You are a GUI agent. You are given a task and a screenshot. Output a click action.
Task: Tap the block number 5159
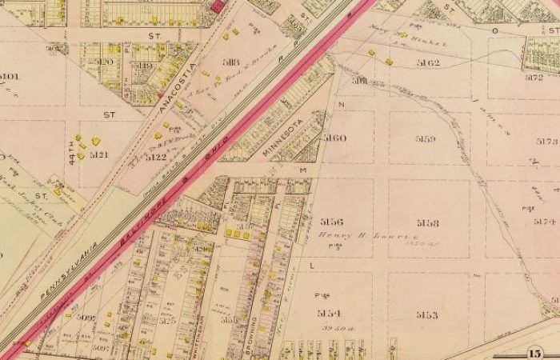(x=426, y=139)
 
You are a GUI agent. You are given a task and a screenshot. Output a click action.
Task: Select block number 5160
(x=334, y=138)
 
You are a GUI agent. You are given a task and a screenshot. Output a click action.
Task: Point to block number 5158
(x=428, y=222)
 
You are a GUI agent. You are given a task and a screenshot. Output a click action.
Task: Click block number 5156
(x=331, y=222)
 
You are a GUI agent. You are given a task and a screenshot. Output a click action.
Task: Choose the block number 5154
(x=329, y=313)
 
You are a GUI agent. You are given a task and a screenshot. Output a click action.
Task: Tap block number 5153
(x=426, y=314)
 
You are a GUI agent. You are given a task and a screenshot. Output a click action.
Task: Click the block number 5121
(x=99, y=154)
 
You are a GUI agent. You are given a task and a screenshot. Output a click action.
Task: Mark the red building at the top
(x=216, y=6)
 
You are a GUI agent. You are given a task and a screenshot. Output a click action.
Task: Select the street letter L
(x=311, y=264)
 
